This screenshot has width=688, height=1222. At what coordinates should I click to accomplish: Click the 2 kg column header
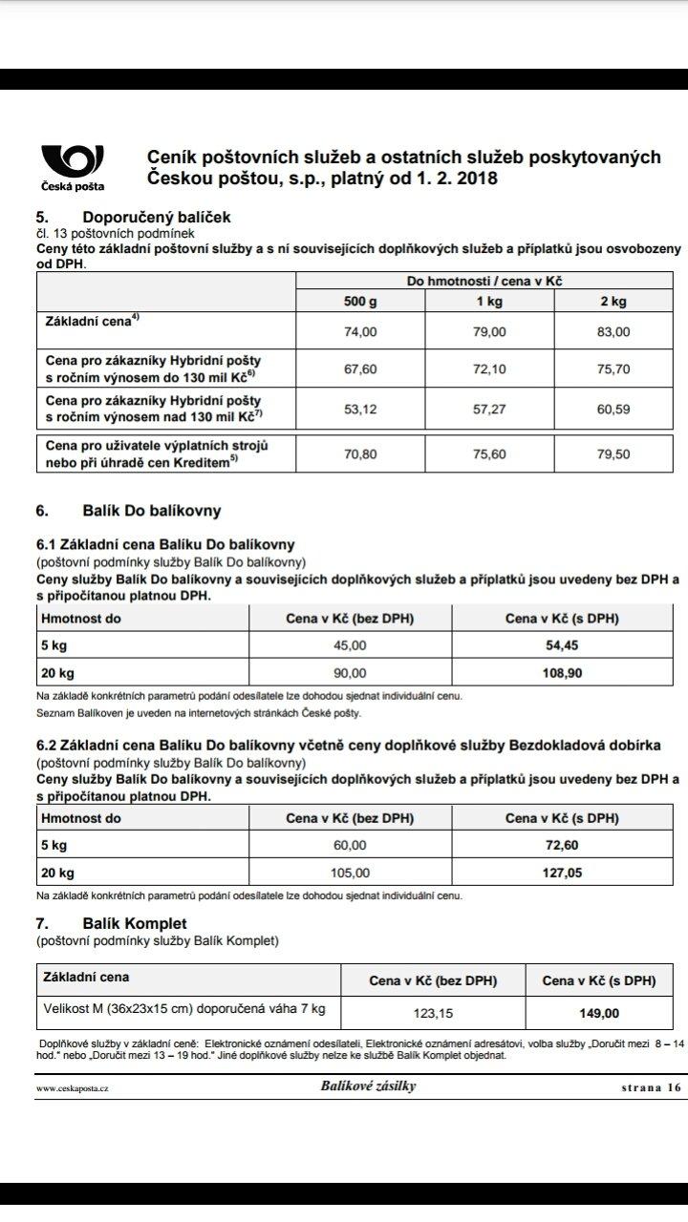[613, 301]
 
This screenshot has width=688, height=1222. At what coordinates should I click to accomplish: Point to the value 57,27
[489, 411]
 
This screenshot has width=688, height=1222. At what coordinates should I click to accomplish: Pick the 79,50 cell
[613, 454]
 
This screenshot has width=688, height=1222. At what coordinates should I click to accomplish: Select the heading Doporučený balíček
[156, 217]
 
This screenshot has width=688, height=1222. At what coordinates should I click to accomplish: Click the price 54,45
[562, 645]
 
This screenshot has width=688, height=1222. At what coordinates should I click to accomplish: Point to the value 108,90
[562, 672]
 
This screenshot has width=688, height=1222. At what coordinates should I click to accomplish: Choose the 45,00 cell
[350, 645]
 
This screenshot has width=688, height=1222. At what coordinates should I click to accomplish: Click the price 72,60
[562, 845]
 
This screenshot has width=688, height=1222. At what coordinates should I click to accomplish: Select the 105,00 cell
[350, 872]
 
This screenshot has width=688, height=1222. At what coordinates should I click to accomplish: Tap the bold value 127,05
[562, 872]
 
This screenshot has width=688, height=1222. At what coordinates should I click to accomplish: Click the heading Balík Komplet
[134, 923]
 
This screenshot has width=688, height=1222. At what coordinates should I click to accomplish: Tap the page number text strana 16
[651, 1087]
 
